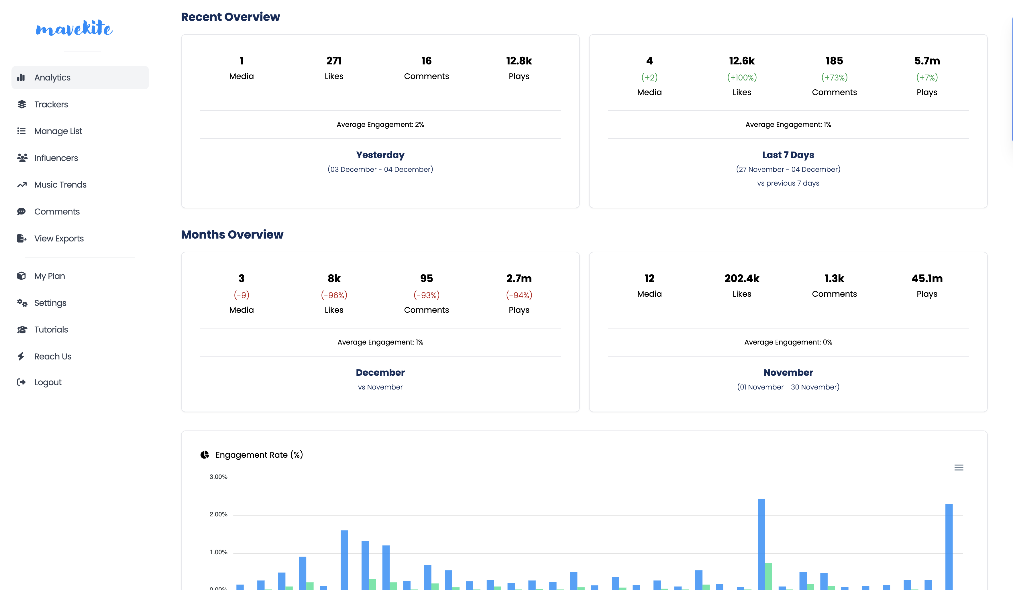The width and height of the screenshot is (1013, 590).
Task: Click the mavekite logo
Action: point(74,28)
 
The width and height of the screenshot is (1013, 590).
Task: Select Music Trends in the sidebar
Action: point(60,184)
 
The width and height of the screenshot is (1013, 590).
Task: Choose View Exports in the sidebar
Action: point(59,238)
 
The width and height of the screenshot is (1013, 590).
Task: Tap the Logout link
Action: point(48,382)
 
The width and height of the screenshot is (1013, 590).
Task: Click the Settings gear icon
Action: point(22,303)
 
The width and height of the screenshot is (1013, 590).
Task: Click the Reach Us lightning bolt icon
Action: point(21,356)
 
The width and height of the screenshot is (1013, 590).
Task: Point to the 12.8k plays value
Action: point(519,61)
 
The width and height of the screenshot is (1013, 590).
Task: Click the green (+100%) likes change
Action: point(742,77)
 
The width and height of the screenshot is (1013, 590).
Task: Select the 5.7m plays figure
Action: point(926,61)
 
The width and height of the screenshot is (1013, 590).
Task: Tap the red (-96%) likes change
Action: point(334,295)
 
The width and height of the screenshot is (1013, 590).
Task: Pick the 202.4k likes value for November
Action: point(742,278)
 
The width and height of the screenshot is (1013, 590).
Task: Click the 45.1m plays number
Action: point(926,278)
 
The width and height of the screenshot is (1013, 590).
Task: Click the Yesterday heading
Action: point(380,155)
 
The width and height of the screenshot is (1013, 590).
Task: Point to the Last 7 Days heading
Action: point(788,155)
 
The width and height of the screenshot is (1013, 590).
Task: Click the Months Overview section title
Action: point(232,234)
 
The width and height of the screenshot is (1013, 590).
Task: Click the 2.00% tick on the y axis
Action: point(218,514)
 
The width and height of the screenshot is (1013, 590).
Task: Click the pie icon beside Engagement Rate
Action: point(205,455)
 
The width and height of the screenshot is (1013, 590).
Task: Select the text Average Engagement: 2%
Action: point(380,125)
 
